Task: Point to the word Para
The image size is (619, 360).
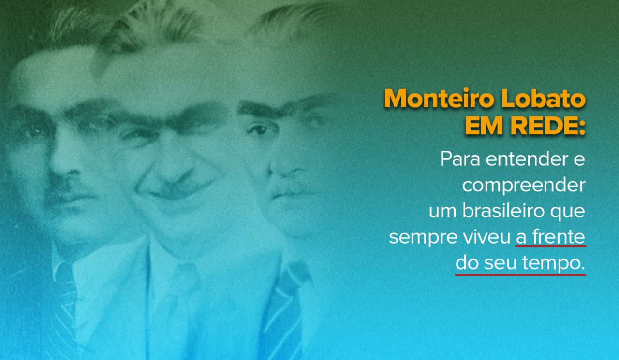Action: [460, 159]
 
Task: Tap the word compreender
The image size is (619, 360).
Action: [524, 186]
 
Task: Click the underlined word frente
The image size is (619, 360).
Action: [559, 237]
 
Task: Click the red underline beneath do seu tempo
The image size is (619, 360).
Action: [520, 275]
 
